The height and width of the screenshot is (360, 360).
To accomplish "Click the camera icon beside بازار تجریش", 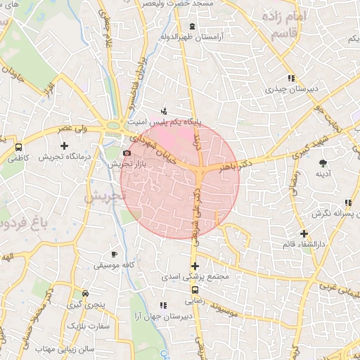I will click(127, 153).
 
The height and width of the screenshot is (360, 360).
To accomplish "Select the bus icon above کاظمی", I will click(18, 148).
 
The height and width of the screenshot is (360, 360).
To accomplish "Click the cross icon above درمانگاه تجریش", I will click(64, 146).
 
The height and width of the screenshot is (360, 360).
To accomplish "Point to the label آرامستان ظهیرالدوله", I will click(190, 37).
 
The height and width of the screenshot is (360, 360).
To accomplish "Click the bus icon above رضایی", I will click(195, 288).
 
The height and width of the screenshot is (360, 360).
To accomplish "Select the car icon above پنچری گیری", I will click(85, 293).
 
